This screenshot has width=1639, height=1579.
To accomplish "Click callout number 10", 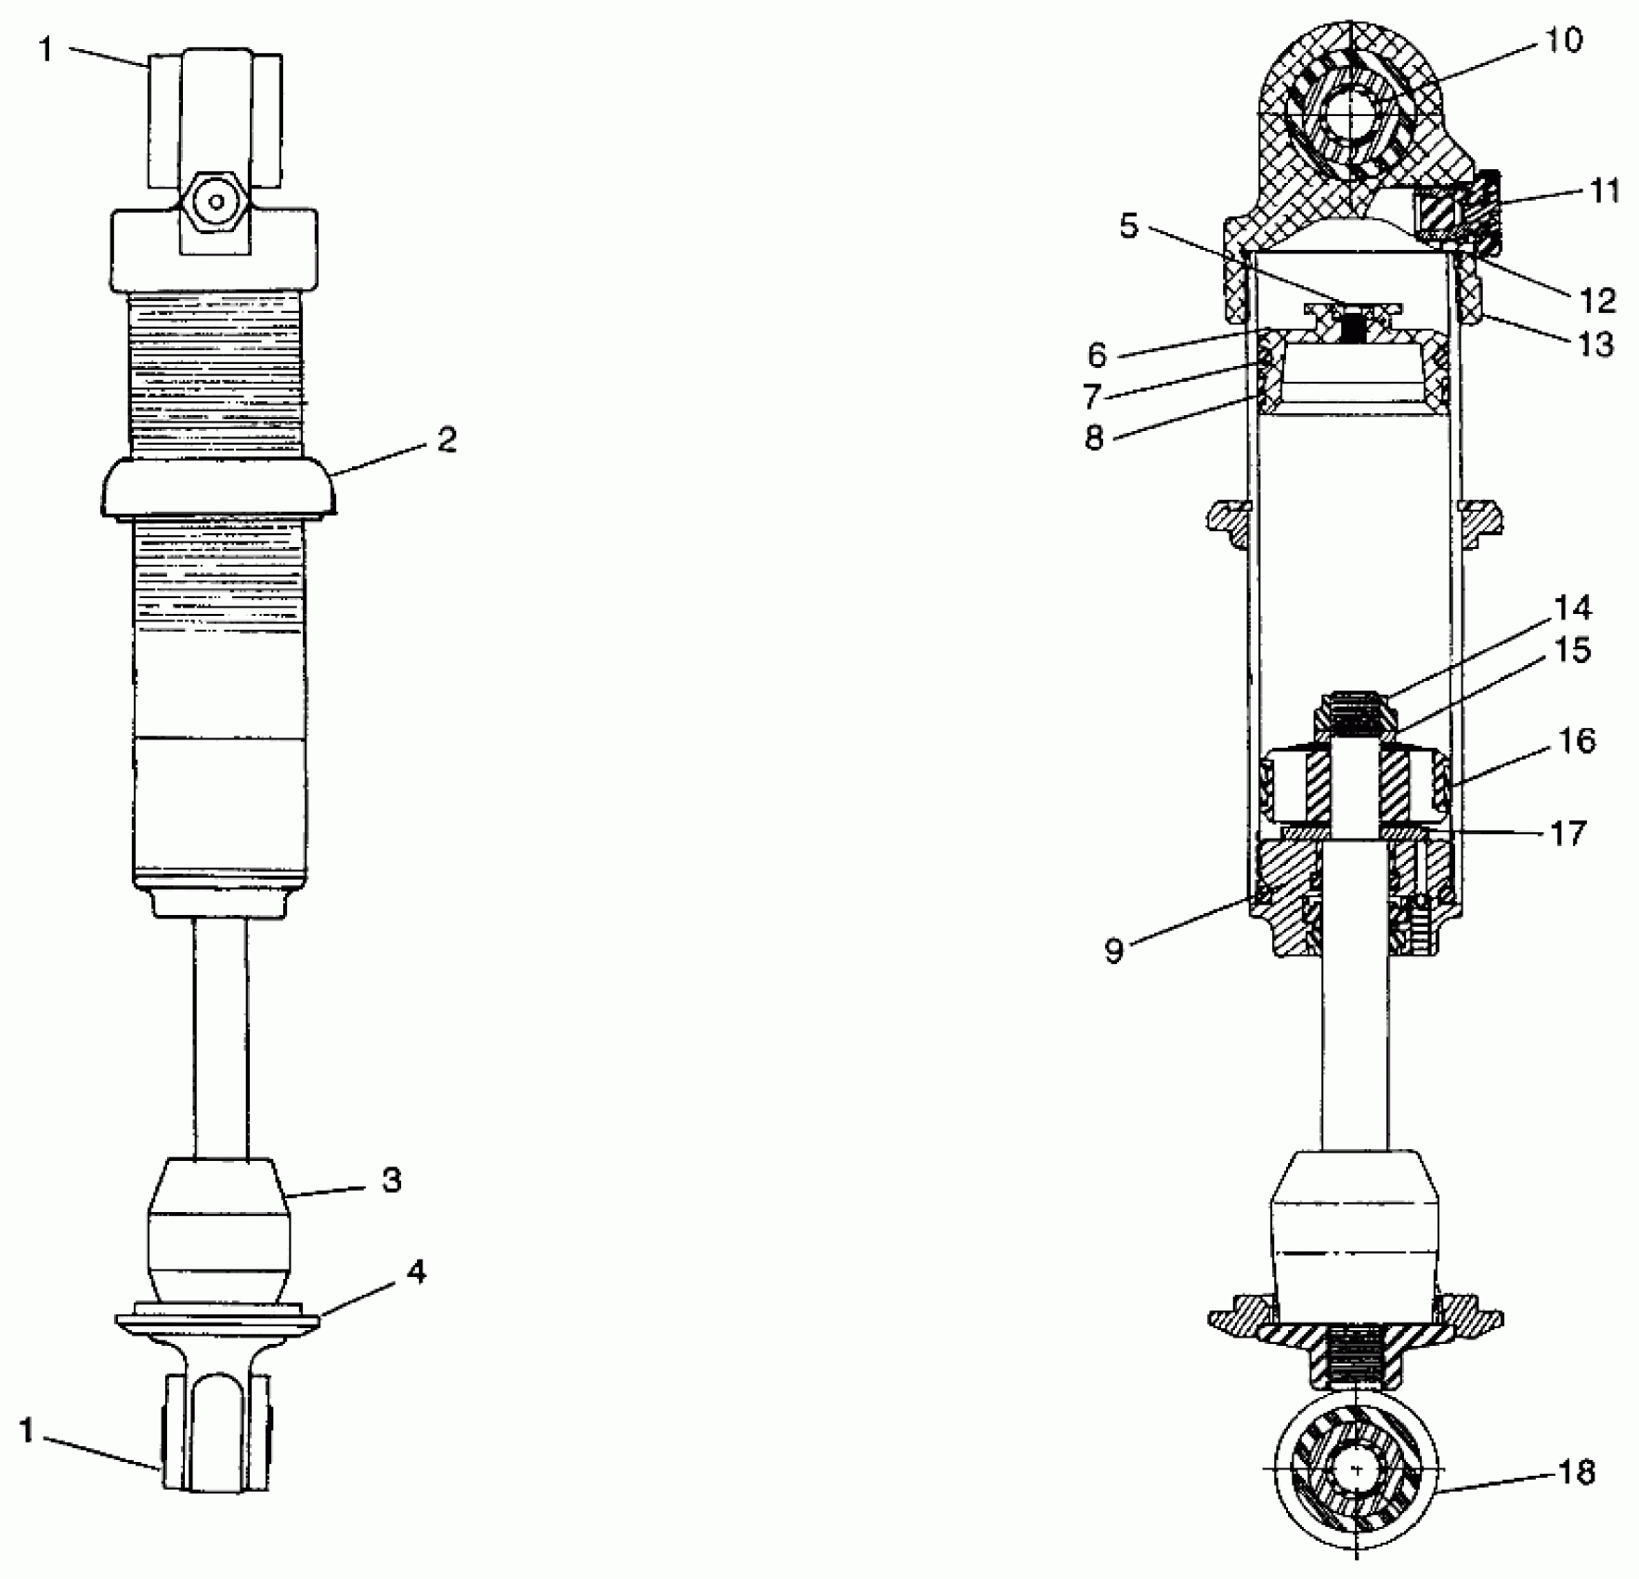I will [1564, 41].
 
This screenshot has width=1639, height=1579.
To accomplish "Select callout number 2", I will [448, 439].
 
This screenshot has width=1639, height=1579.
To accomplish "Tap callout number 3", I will [392, 1181].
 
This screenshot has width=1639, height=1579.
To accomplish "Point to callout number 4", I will [417, 1272].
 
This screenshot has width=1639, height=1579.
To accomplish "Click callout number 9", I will [1114, 950].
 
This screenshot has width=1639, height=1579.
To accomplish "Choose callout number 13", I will [1596, 345].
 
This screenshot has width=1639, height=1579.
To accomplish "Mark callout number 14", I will [1572, 607].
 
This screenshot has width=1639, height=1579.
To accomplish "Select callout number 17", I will [1568, 833].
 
